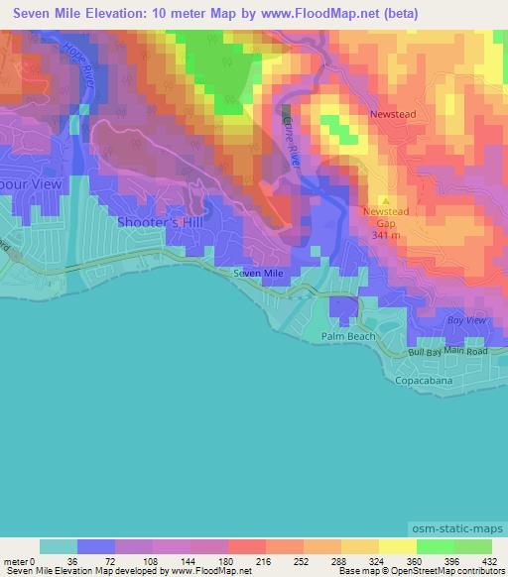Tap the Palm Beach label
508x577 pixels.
[x=348, y=336]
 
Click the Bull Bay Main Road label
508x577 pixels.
[x=448, y=352]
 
